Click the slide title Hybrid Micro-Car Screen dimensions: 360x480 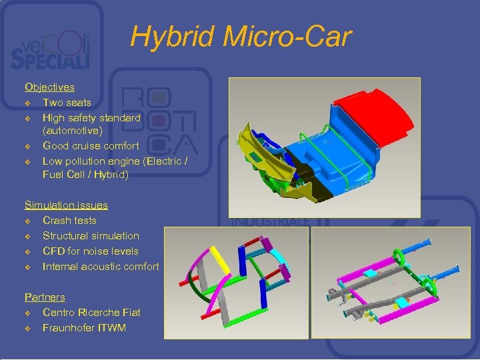pyautogui.click(x=240, y=37)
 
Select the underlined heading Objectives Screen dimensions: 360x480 pyautogui.click(x=49, y=87)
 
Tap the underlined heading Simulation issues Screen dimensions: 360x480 pyautogui.click(x=66, y=205)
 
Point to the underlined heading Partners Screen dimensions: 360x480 pyautogui.click(x=45, y=297)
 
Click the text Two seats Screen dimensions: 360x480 pyautogui.click(x=67, y=103)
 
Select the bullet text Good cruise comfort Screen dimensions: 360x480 pyautogui.click(x=91, y=145)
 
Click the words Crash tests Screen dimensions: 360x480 pyautogui.click(x=69, y=220)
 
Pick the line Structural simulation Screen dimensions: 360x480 pyautogui.click(x=91, y=235)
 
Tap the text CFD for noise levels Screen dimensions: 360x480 pyautogui.click(x=91, y=251)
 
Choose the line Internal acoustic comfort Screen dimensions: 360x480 pyautogui.click(x=101, y=266)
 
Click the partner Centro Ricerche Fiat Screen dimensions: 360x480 pyautogui.click(x=91, y=312)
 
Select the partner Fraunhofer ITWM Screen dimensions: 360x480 pyautogui.click(x=84, y=327)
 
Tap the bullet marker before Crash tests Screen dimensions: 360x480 pyautogui.click(x=28, y=221)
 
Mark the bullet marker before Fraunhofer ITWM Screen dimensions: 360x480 pyautogui.click(x=28, y=328)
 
